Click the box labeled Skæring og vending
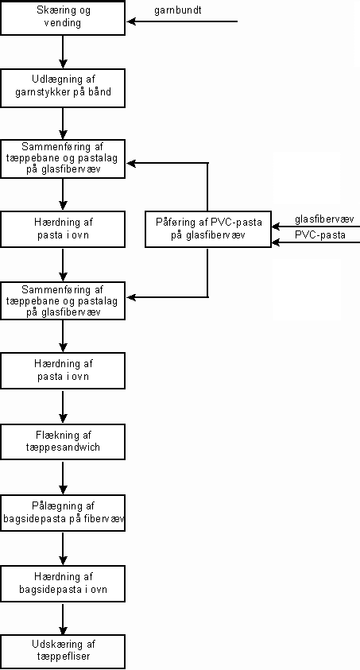pos(63,17)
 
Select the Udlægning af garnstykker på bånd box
pos(63,88)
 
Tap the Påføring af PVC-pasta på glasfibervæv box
pos(208,229)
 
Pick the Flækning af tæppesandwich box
pos(63,442)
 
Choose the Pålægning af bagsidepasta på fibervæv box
pos(63,513)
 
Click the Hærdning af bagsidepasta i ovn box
pos(63,584)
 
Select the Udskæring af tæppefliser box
pos(63,652)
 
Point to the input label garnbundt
pos(178,10)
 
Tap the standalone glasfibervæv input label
pos(324,219)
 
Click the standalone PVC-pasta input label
pos(320,235)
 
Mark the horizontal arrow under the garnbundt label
pos(182,21)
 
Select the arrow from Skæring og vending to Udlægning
pos(63,52)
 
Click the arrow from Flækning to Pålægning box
pos(63,478)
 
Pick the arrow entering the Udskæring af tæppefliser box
pos(63,618)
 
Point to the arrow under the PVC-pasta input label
pos(315,242)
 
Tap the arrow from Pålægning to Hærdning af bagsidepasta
pos(63,548)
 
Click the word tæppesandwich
pos(63,447)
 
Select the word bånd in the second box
pos(100,91)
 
